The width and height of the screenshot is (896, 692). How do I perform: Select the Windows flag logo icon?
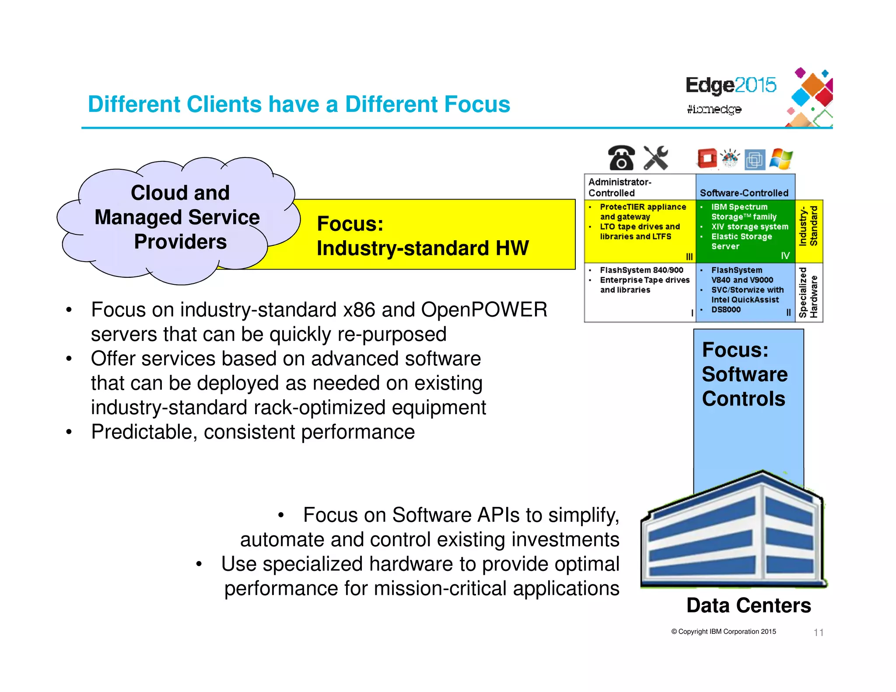click(781, 159)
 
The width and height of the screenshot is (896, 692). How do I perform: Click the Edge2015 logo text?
click(731, 85)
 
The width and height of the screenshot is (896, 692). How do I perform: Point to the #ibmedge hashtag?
click(714, 109)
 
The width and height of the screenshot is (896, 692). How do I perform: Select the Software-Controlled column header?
click(744, 193)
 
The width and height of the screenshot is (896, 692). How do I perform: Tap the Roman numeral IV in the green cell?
click(785, 255)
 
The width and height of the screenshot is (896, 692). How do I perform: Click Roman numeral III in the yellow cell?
click(689, 257)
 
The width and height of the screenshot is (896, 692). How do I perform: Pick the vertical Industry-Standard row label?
click(808, 227)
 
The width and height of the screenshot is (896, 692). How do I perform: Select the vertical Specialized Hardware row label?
click(808, 292)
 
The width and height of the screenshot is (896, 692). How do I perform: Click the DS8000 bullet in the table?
click(726, 309)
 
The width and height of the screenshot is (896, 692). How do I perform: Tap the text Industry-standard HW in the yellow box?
click(422, 248)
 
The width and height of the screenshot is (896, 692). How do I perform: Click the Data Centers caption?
click(749, 605)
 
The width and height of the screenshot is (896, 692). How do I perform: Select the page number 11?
click(818, 632)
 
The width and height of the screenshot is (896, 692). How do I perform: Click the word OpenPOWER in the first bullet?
click(484, 310)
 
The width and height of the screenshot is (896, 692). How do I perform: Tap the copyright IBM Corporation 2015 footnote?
click(724, 631)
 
